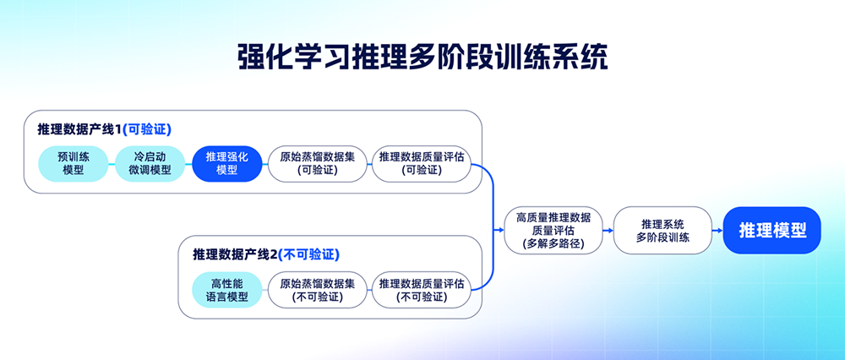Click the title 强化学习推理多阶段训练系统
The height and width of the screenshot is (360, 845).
pos(422,57)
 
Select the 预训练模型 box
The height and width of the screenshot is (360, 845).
pos(74,163)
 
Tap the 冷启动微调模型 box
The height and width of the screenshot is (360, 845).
pos(150,163)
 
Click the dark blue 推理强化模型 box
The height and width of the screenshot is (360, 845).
pos(227,163)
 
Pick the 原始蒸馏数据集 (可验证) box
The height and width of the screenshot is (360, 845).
pos(317,163)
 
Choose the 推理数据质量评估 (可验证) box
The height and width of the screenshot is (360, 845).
pos(421,163)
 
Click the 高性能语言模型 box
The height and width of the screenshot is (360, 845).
pos(221,290)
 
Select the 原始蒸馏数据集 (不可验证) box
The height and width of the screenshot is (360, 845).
pos(317,290)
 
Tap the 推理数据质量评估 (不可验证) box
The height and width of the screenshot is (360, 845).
pos(421,290)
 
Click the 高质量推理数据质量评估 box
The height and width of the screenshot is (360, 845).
pos(553,230)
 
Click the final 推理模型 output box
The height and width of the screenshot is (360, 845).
pos(771,230)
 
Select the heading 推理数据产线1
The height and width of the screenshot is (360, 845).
pos(79,129)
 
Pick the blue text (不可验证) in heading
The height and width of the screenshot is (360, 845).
pos(308,254)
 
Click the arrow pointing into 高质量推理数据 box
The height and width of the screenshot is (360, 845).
pos(499,230)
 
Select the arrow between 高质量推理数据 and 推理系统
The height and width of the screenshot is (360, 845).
pos(608,230)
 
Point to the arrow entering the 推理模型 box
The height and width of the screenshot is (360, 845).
pos(717,230)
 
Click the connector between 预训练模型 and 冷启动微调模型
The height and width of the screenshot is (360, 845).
pos(111,163)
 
